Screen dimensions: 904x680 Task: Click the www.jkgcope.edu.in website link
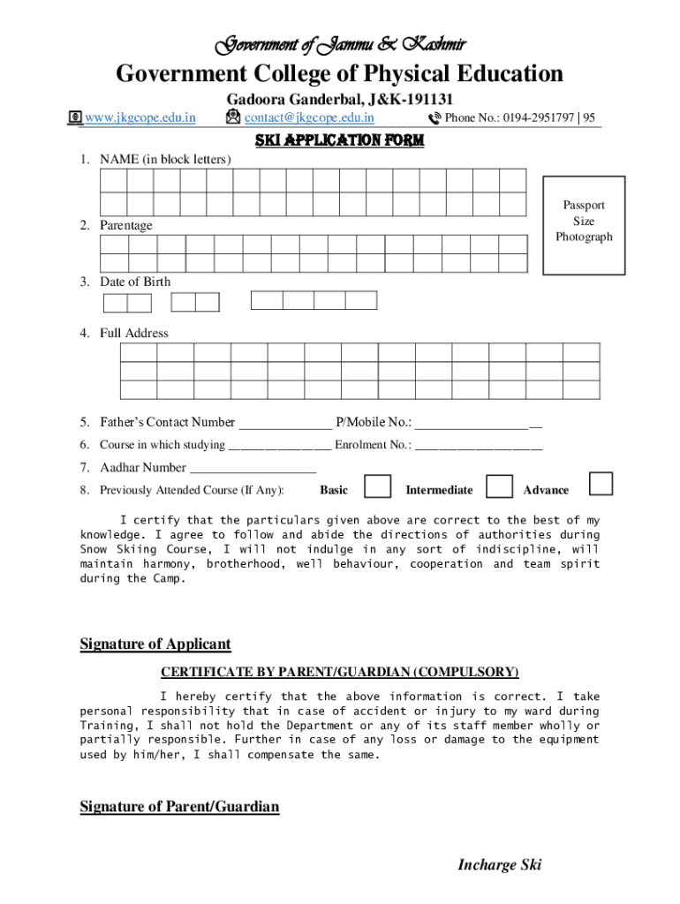coord(140,117)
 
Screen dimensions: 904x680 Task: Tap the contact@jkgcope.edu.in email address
coord(308,117)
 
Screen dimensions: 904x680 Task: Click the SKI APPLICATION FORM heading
coord(339,140)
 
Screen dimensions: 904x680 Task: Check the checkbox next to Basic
coord(378,486)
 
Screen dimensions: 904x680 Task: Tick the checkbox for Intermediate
coord(500,486)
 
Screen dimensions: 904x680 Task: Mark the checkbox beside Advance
coord(601,484)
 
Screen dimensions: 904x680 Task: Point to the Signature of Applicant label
coord(155,644)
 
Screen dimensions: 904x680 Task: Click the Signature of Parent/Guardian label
coord(179,806)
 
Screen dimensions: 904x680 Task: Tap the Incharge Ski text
coord(499,864)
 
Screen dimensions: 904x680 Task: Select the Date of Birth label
coord(135,282)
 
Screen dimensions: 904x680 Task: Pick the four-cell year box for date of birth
coord(314,300)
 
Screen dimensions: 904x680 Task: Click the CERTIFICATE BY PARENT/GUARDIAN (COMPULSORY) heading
coord(339,672)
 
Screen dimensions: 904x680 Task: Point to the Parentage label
coord(125,225)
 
